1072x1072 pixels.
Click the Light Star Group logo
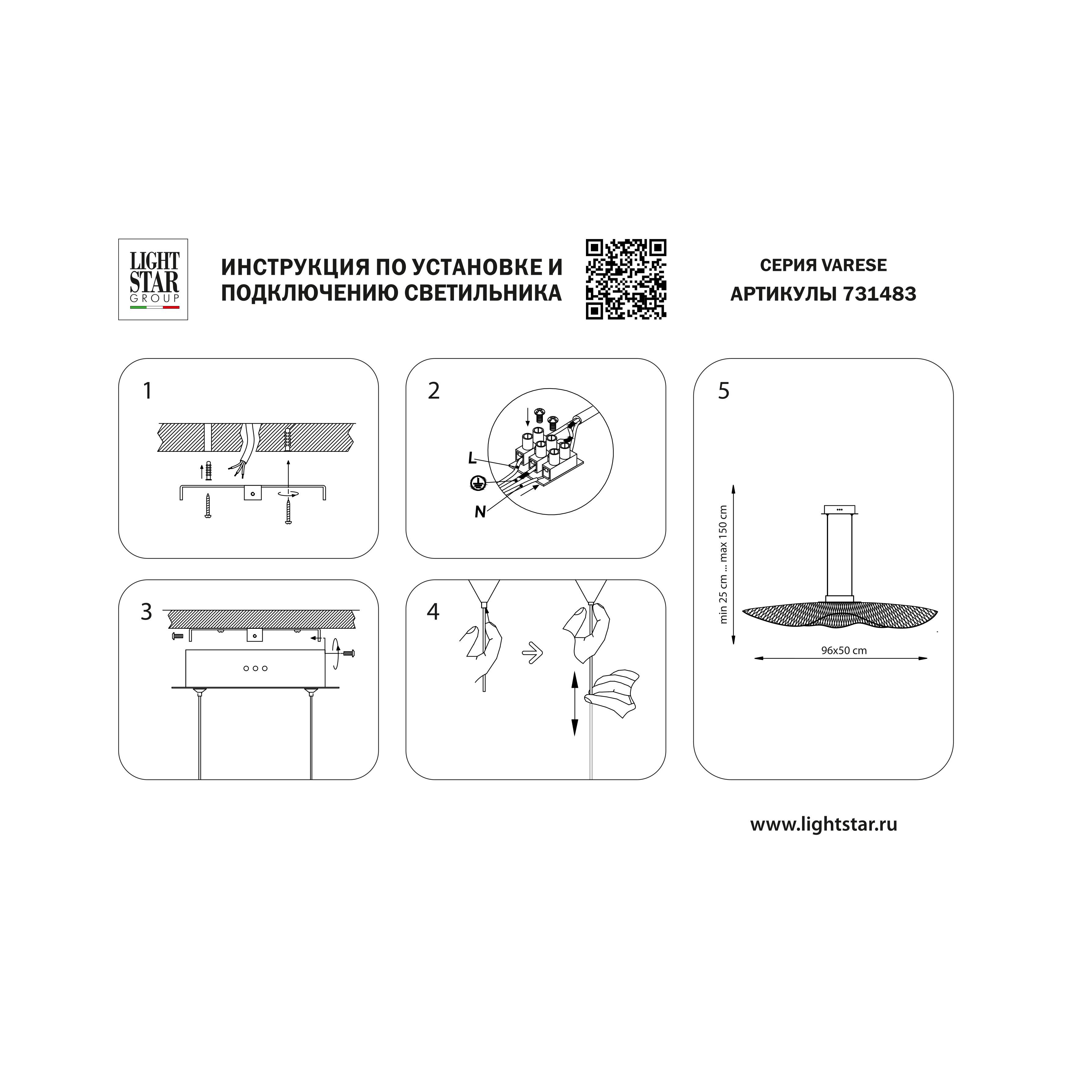click(x=153, y=280)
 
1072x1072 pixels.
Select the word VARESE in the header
click(x=854, y=265)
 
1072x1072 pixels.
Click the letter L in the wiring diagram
click(x=472, y=458)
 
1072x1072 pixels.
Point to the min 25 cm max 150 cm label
click(x=723, y=564)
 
